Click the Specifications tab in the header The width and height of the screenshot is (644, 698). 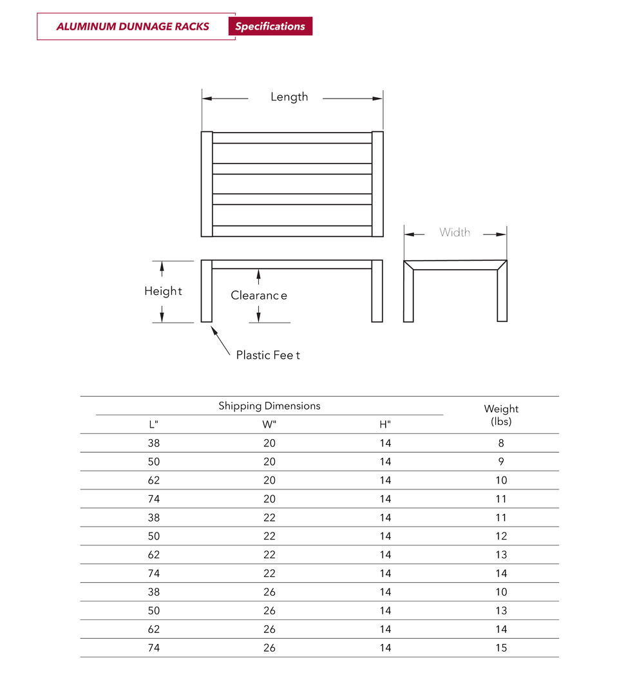270,26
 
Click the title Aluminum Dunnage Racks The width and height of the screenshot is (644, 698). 133,26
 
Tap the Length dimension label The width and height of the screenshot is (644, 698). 289,97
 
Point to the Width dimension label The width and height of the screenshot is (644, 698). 455,232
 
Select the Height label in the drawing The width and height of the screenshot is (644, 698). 163,291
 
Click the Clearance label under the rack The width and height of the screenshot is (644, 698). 259,296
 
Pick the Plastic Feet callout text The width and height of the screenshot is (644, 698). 268,355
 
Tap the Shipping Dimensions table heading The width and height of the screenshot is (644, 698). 269,406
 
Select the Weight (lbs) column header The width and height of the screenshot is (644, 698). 501,415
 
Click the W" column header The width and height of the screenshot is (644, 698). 269,424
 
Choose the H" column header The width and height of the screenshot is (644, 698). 385,424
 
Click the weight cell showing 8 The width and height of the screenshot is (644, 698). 501,443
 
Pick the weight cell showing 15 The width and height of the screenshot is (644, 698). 501,648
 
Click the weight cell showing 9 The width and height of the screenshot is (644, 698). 501,462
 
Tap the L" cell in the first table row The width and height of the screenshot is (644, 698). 153,443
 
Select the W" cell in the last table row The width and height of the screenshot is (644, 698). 269,648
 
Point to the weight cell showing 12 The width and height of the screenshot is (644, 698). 501,536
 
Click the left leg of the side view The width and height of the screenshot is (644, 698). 207,291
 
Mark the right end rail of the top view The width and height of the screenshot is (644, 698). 378,184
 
